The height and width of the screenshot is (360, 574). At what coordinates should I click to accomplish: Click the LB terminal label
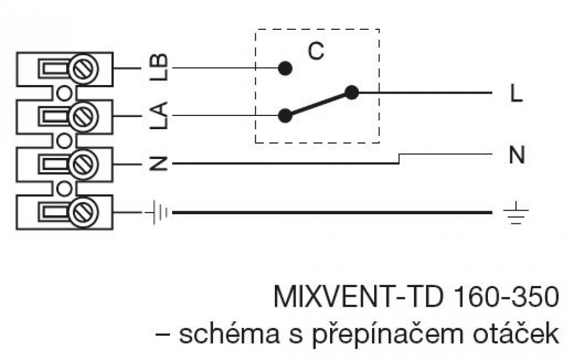tap(161, 67)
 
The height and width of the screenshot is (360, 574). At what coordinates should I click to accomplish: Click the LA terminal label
tap(161, 115)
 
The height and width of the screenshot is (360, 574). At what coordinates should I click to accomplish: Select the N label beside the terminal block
tap(161, 164)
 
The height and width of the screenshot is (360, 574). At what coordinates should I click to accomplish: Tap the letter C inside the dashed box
tap(315, 51)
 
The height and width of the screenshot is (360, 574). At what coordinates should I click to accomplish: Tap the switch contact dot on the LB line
tap(285, 68)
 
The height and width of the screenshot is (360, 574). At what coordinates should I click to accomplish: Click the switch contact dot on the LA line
tap(285, 115)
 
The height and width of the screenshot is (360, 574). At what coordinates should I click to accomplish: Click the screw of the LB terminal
tap(84, 68)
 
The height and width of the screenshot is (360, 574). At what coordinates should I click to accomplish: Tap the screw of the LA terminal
tap(84, 116)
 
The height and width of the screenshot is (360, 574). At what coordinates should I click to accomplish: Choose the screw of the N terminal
tap(84, 164)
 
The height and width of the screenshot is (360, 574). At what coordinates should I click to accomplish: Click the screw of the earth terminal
tap(84, 212)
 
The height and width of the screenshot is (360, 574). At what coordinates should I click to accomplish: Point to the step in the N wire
tap(399, 159)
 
